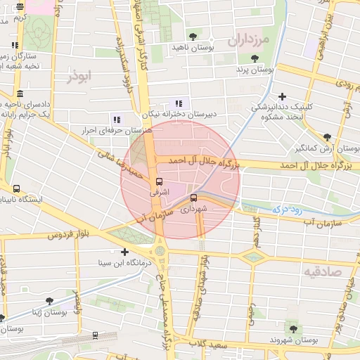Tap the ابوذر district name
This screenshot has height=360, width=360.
[x=79, y=76]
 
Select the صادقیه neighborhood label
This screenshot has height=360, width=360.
[x=323, y=270]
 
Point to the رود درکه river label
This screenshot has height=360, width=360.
[x=284, y=209]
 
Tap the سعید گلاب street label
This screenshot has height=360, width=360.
[x=209, y=345]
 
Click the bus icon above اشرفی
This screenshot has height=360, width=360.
[x=158, y=181]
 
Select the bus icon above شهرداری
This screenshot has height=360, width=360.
[x=194, y=198]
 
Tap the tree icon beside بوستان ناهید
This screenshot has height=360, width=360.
[x=193, y=35]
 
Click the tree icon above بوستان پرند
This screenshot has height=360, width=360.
[x=253, y=59]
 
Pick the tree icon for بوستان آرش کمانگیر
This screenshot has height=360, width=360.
[x=327, y=138]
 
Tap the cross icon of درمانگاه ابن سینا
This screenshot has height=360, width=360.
[x=125, y=252]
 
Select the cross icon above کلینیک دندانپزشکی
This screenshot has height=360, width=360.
[x=283, y=96]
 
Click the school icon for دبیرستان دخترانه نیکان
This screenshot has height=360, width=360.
[x=179, y=103]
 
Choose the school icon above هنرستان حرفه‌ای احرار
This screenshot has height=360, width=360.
[x=116, y=120]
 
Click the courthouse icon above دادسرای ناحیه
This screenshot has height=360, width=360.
[x=19, y=94]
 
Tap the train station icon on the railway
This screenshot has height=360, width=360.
[x=95, y=336]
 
